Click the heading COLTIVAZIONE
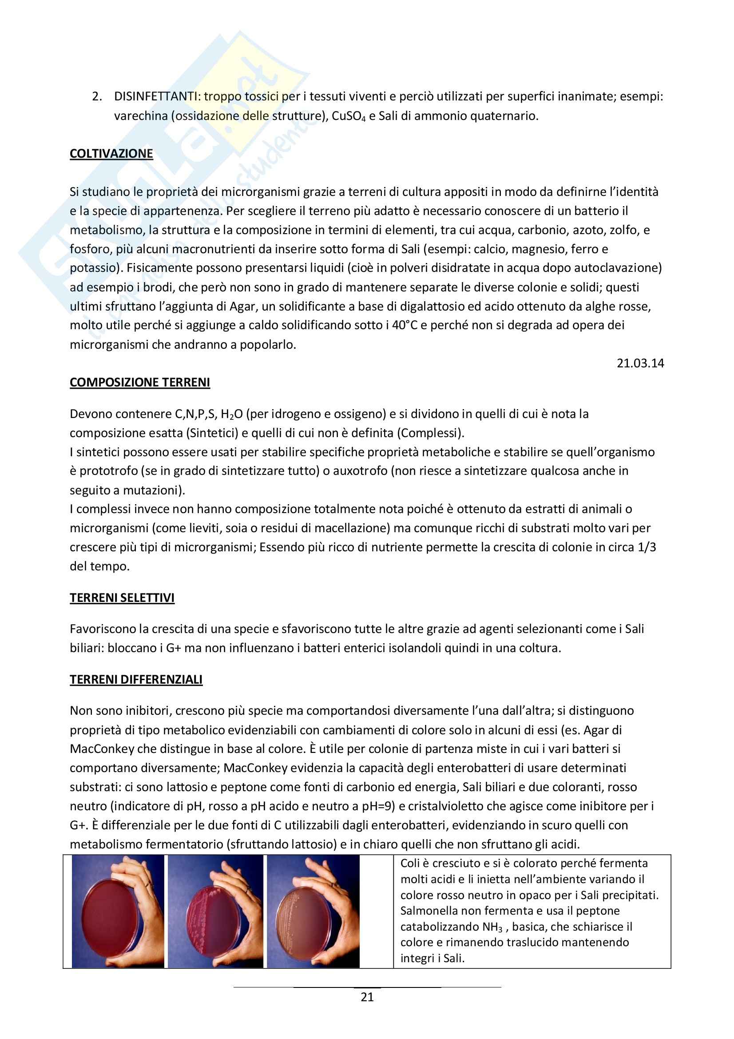(111, 153)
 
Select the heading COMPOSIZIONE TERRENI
(140, 382)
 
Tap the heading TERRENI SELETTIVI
(122, 598)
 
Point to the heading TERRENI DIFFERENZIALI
(136, 679)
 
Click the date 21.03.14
(640, 363)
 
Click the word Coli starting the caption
(410, 863)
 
